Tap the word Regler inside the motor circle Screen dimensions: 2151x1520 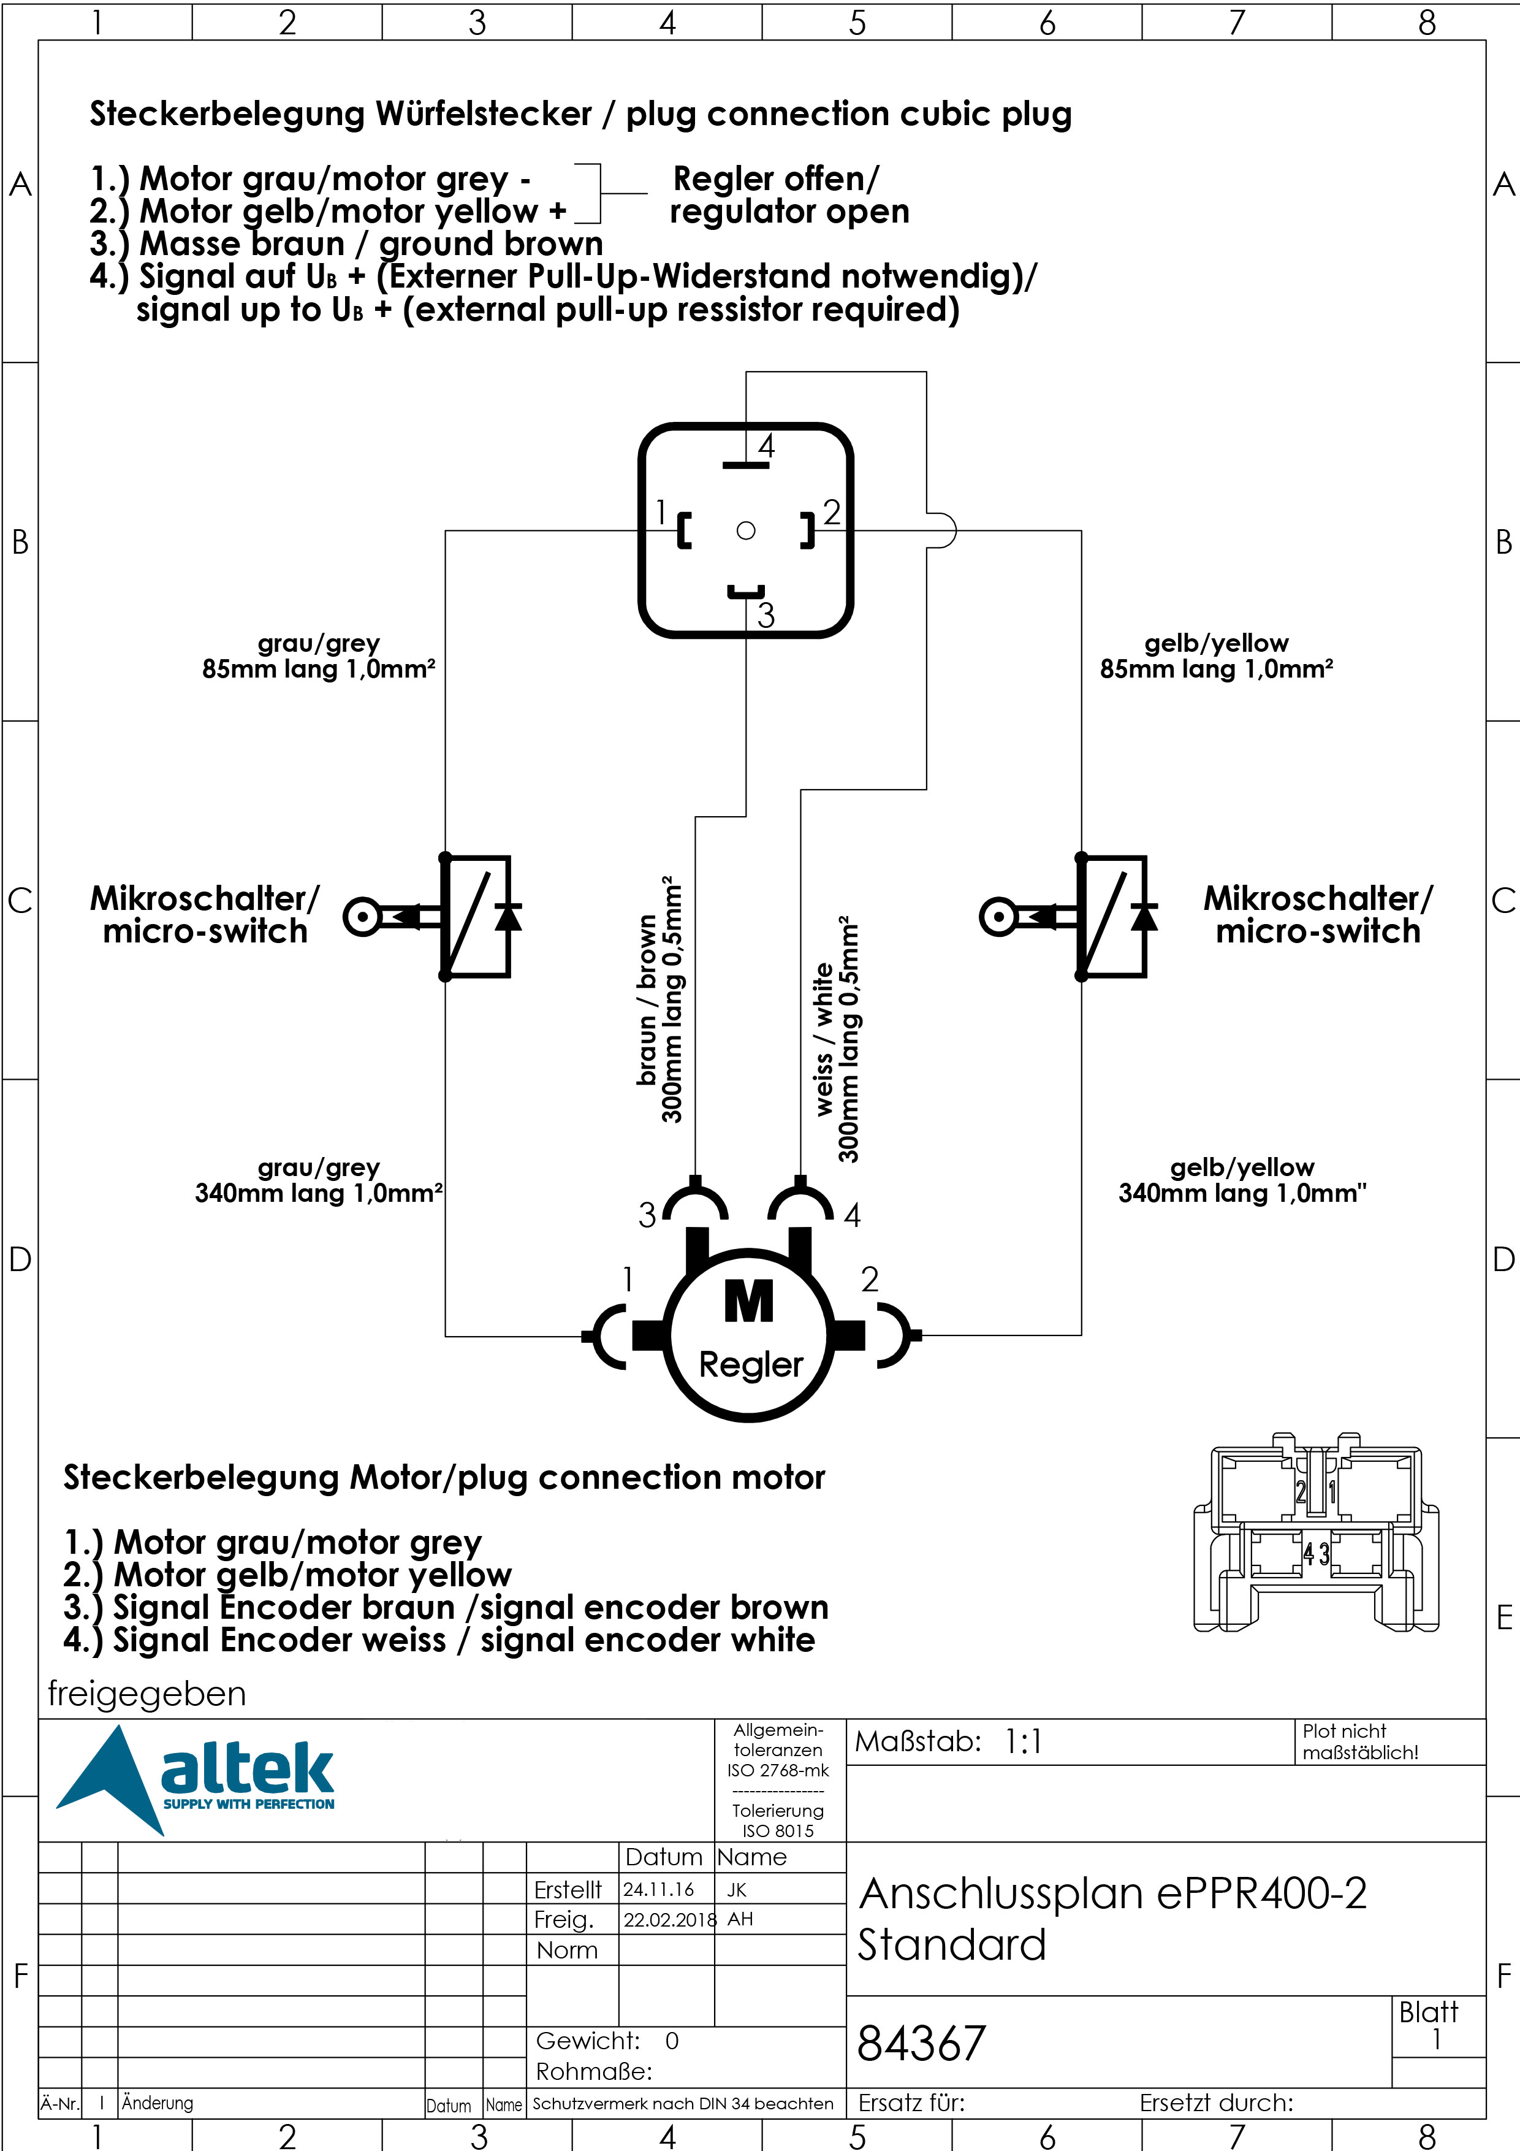pos(751,1365)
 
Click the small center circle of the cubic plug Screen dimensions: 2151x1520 pos(745,530)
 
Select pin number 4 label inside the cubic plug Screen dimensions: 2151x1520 pos(766,446)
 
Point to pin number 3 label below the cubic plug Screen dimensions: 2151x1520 pos(766,616)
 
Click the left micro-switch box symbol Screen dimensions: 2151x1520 pos(476,916)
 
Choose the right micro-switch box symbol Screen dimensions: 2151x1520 pos(1112,916)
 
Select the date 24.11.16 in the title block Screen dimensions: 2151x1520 pos(658,1890)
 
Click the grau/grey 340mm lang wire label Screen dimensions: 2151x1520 pos(319,1180)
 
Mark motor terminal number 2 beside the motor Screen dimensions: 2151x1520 pos(870,1279)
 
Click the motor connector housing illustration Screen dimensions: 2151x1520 pos(1316,1534)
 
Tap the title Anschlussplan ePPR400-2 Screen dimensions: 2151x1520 pos(1112,1893)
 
